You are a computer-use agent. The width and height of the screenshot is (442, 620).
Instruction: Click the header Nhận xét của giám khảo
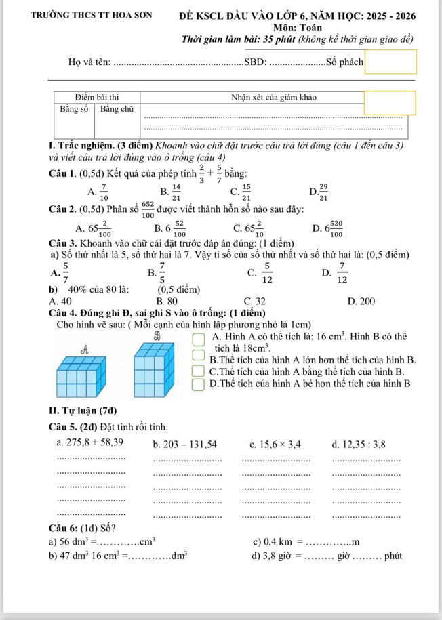[274, 96]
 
